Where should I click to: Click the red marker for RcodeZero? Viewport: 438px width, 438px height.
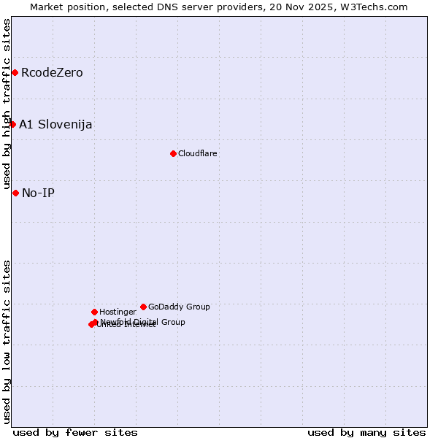click(15, 73)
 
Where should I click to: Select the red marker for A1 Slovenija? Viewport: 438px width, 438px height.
click(12, 124)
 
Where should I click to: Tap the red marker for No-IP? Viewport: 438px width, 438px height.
click(15, 193)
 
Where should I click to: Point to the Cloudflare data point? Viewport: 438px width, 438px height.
click(173, 153)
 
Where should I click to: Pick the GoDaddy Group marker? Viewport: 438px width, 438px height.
click(143, 307)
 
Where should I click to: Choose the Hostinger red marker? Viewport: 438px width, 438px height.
click(94, 312)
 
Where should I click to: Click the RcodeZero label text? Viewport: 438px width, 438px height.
click(52, 73)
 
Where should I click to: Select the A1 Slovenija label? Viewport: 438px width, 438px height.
click(55, 124)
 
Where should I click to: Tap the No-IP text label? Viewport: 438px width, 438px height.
click(38, 193)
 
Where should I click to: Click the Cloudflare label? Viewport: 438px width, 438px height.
click(198, 153)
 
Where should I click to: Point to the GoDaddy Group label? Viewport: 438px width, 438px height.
click(179, 307)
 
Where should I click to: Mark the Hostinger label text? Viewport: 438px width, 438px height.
click(118, 312)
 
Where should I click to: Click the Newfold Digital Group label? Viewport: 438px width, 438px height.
click(143, 322)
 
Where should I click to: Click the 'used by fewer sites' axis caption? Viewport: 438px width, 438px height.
click(75, 432)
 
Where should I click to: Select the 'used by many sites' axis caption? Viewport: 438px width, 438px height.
click(366, 432)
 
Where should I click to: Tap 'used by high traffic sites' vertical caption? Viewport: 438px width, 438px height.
click(7, 104)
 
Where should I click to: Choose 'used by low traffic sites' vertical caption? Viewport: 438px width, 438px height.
click(7, 341)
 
